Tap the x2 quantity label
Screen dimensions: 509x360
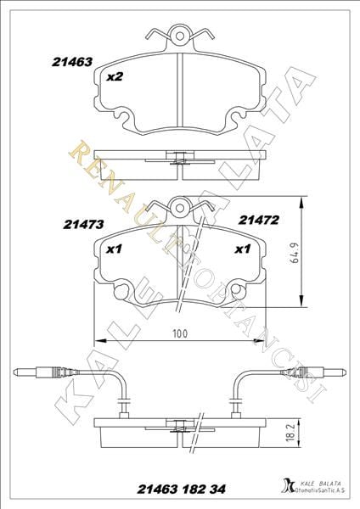[x=114, y=76]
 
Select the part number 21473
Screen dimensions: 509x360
[x=82, y=225]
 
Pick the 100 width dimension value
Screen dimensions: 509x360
[x=178, y=333]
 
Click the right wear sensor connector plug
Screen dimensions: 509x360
[x=314, y=371]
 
